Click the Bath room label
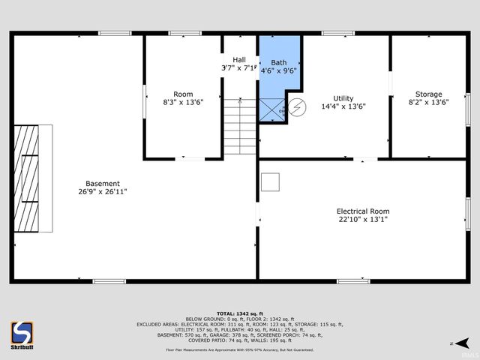click(279, 62)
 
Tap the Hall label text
click(239, 60)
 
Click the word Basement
click(102, 183)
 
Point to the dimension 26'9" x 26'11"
click(102, 192)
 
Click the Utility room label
click(343, 98)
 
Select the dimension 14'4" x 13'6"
click(343, 106)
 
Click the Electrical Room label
click(363, 211)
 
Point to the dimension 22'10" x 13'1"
click(363, 220)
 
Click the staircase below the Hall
click(239, 127)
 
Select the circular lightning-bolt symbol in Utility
click(298, 108)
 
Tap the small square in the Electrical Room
click(270, 181)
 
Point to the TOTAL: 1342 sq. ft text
click(239, 313)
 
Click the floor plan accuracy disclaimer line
click(240, 349)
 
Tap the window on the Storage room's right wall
click(467, 107)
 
